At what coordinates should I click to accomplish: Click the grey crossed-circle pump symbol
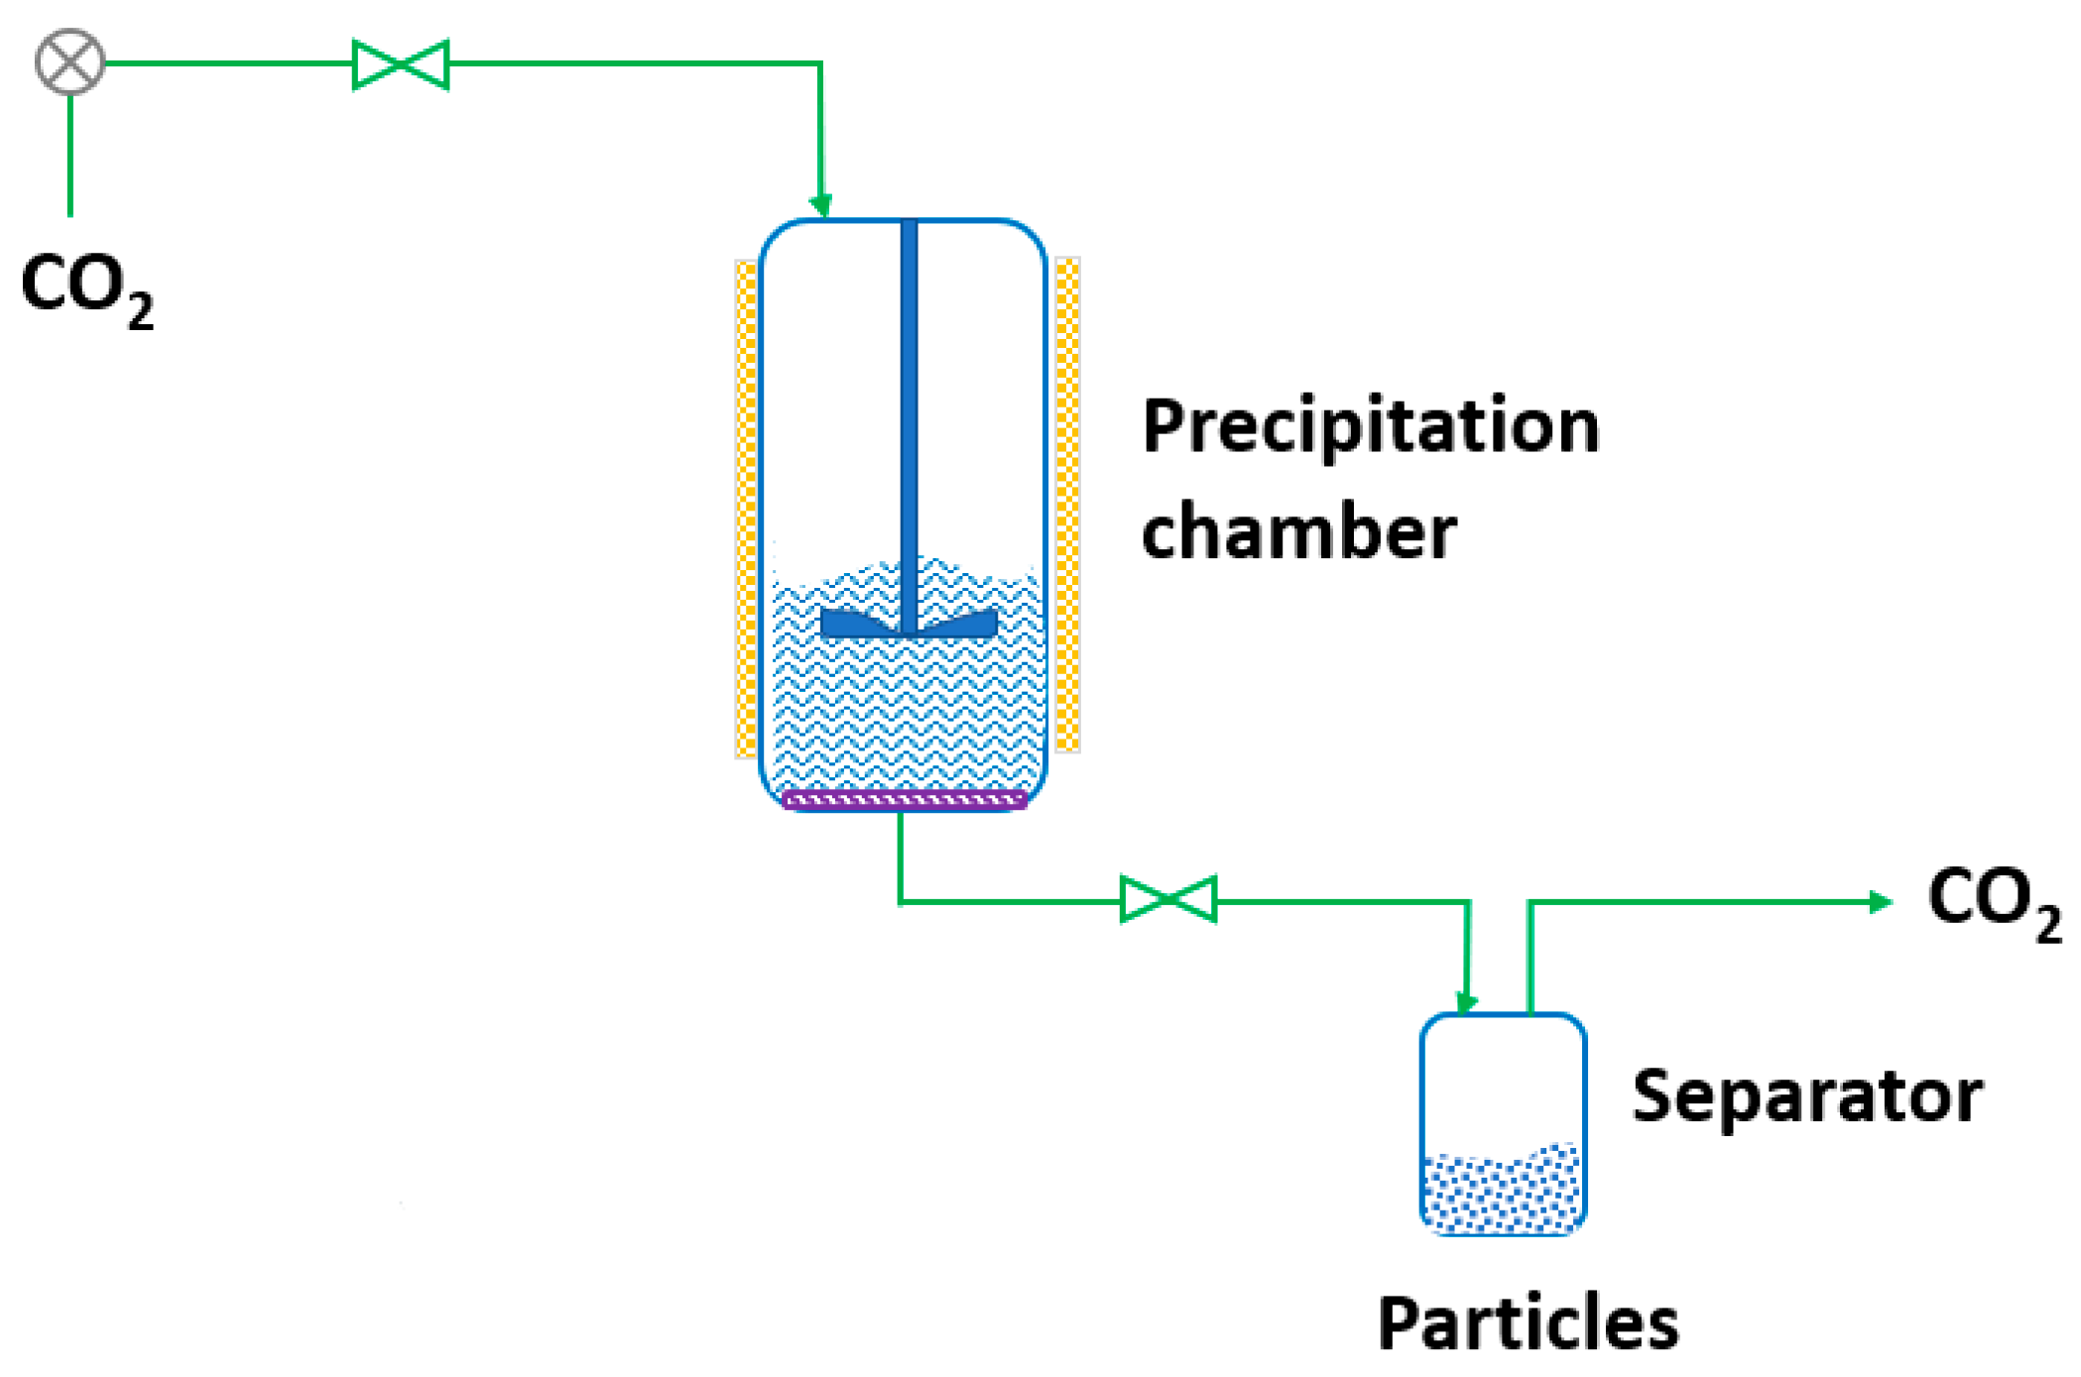click(x=69, y=62)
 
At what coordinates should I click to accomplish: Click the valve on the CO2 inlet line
click(x=401, y=64)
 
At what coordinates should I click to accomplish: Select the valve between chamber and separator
click(x=1167, y=899)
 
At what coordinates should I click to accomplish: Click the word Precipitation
click(x=1370, y=426)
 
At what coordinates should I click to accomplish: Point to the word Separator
click(x=1806, y=1096)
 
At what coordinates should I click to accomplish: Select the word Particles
click(x=1528, y=1323)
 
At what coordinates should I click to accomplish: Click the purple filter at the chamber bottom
click(x=904, y=799)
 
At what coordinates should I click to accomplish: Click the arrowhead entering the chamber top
click(x=820, y=205)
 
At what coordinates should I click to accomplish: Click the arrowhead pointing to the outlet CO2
click(x=1879, y=901)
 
